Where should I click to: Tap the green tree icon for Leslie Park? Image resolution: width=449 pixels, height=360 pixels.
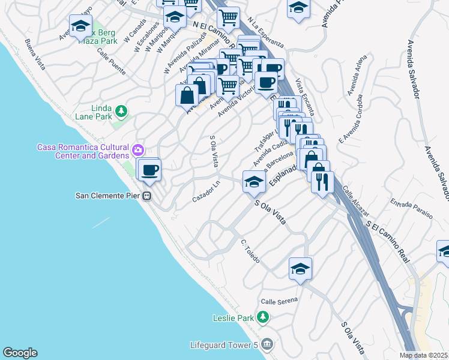(262, 316)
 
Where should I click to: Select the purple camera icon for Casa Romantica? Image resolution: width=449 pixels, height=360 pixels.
(139, 149)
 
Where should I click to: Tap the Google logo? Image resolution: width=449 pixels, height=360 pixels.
(20, 353)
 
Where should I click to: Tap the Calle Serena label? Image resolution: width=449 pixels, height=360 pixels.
(279, 301)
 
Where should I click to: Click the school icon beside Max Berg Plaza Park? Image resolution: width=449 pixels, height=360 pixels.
(80, 26)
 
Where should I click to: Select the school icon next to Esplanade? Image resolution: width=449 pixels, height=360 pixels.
(254, 182)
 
